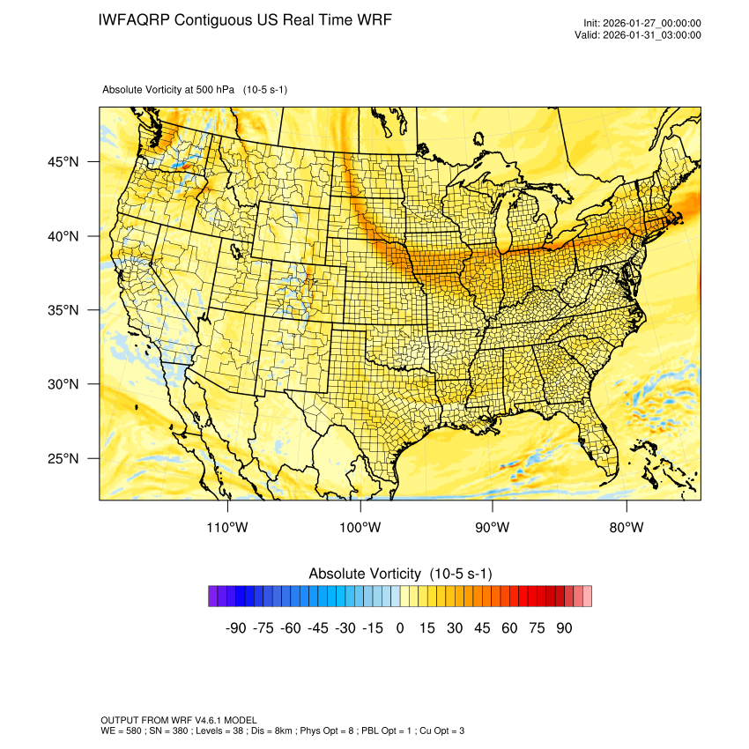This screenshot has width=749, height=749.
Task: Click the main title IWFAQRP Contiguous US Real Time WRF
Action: point(245,19)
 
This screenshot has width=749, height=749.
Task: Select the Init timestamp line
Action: point(642,23)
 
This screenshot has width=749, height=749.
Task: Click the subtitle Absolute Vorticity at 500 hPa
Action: point(195,89)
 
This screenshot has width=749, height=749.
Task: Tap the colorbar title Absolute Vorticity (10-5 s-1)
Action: point(400,574)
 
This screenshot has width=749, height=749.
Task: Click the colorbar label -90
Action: point(235,628)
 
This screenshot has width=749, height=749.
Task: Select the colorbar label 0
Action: point(400,628)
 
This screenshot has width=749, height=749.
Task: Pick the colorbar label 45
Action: point(482,628)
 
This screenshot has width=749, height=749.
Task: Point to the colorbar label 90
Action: point(564,628)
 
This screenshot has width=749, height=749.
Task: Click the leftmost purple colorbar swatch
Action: point(213,597)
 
